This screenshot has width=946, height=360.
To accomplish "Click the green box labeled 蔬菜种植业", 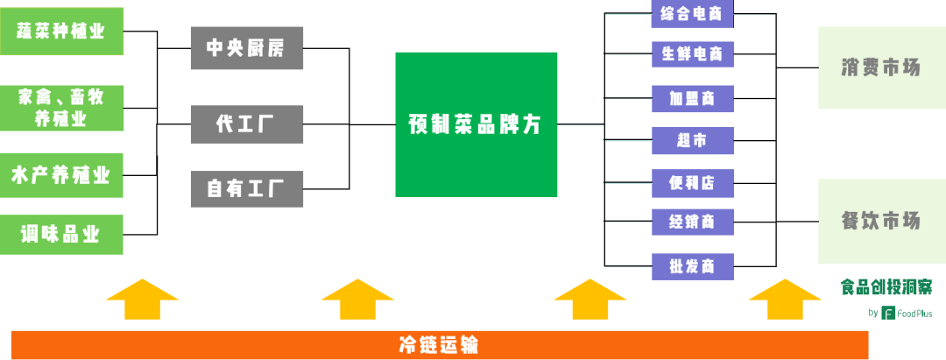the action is (x=61, y=32).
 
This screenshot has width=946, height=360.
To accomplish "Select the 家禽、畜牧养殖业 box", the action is (x=61, y=108).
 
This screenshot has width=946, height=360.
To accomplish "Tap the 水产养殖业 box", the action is (x=61, y=175).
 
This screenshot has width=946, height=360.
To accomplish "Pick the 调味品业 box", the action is (x=61, y=235).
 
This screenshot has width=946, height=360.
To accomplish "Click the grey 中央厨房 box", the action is (x=247, y=47).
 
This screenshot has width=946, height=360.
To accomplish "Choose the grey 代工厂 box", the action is (x=247, y=124).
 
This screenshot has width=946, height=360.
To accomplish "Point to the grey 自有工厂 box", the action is (x=247, y=188).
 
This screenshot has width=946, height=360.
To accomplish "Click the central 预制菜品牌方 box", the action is (x=476, y=124).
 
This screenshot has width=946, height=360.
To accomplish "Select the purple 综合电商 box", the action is (x=693, y=14).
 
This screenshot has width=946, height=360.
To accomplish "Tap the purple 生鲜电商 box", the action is (x=693, y=54).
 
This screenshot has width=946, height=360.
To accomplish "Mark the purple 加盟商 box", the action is (x=693, y=98).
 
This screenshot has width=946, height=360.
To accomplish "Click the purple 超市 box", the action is (x=693, y=140).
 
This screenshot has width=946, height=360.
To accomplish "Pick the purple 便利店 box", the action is (x=693, y=183).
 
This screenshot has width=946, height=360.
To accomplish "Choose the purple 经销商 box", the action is (x=693, y=222).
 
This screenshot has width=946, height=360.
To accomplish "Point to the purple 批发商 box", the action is (x=693, y=266).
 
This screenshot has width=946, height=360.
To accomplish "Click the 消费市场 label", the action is (x=881, y=67).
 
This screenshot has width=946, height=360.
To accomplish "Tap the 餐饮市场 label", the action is (x=881, y=221).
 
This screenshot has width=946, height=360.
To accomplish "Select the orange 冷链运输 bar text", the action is (x=439, y=345).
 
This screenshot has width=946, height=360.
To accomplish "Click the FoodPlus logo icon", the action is (x=887, y=313).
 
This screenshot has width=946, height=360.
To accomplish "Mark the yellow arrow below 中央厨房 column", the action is (x=357, y=299).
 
